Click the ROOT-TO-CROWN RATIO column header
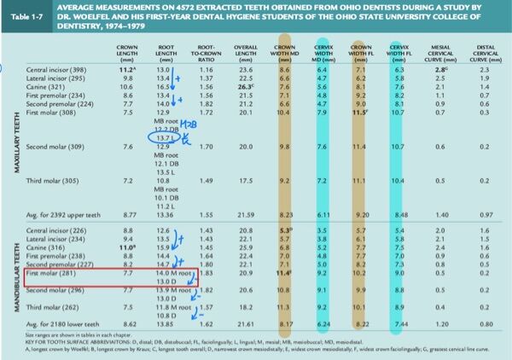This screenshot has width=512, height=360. click(x=205, y=50)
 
